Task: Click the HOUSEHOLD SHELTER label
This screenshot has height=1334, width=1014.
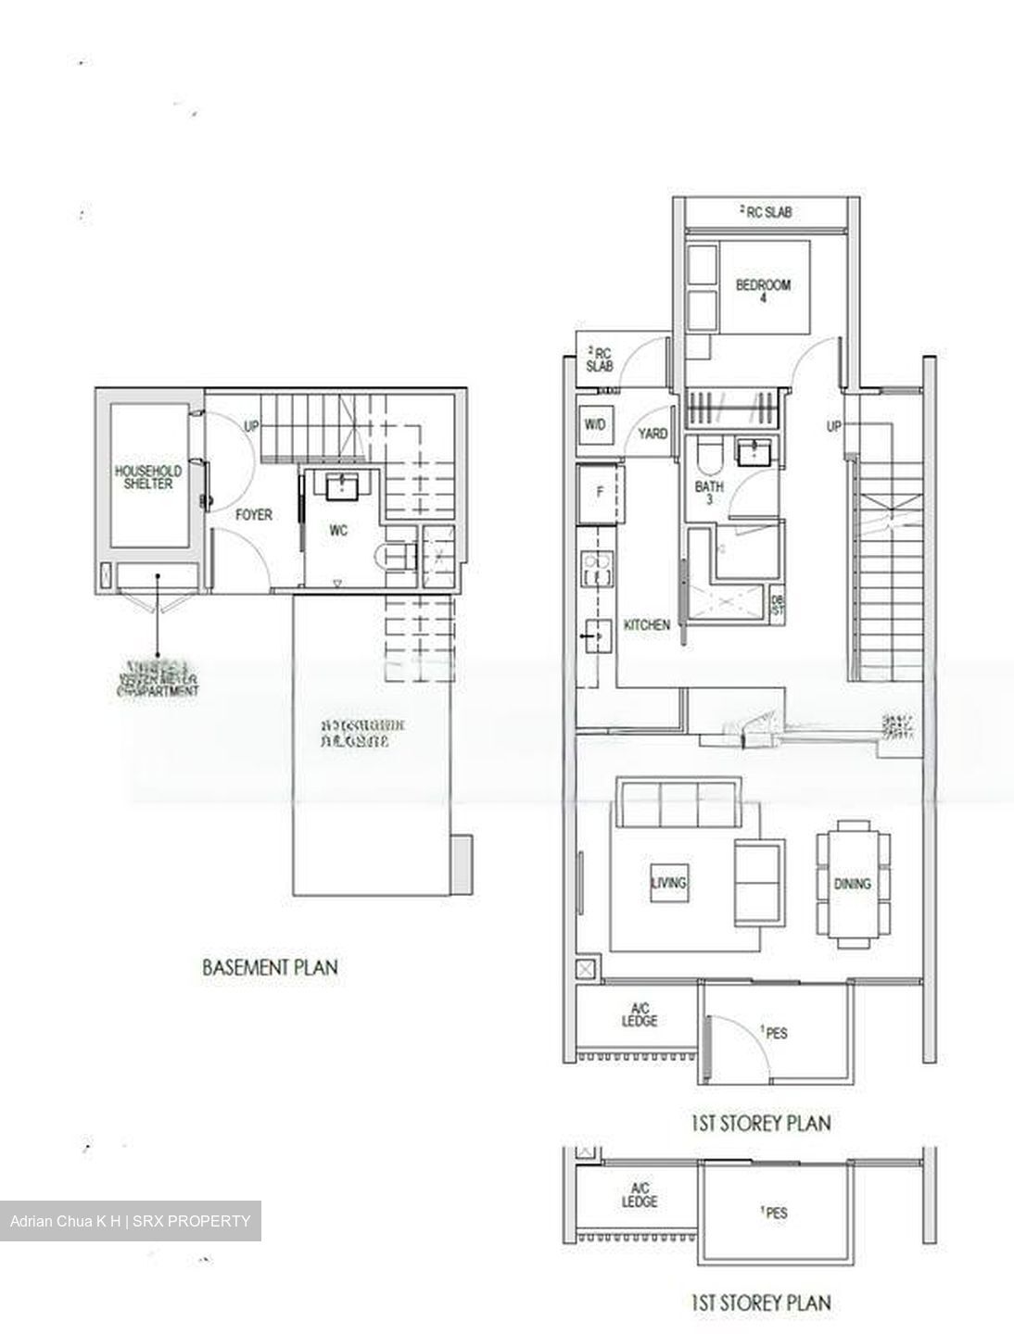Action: [x=147, y=477]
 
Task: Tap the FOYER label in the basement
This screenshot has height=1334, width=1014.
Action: [x=253, y=514]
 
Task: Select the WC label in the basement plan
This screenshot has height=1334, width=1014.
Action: [x=337, y=531]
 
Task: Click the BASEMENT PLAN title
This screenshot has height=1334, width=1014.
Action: [x=270, y=967]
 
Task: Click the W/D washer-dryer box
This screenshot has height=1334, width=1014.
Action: [x=594, y=424]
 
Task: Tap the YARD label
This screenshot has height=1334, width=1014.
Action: [x=653, y=434]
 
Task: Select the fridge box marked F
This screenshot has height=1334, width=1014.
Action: [x=599, y=493]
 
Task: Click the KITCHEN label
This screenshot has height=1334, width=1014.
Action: [x=646, y=625]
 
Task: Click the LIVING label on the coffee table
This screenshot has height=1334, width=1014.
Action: [x=668, y=882]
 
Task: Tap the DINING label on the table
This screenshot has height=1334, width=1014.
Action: [x=852, y=884]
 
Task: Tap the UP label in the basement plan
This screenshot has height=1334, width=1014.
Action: [x=251, y=427]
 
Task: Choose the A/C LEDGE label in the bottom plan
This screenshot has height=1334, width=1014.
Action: [x=640, y=1195]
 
